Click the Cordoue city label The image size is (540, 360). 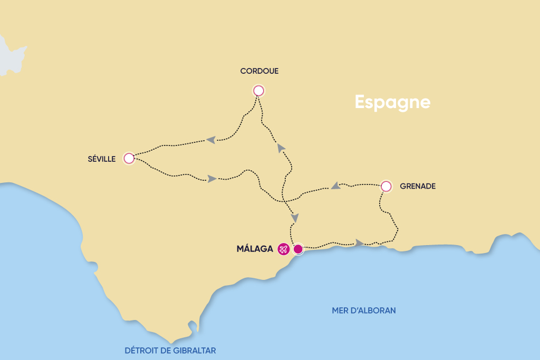point(259,71)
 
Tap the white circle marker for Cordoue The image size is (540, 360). point(258,91)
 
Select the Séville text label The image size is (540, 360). point(102,159)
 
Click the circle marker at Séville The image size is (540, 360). point(129,158)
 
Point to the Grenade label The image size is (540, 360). point(418,186)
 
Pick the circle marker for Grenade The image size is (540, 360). point(386,186)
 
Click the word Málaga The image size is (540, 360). point(255,249)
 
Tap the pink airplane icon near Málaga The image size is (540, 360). point(284,249)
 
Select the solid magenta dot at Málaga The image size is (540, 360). point(298,249)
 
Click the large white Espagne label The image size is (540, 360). point(392,102)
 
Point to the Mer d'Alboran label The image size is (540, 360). point(364,310)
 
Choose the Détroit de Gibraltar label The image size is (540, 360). point(170,350)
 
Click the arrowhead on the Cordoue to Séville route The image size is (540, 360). point(211,140)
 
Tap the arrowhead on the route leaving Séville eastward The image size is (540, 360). point(211,179)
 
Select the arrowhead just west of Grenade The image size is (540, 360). point(334,186)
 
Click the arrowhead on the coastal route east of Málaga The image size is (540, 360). point(359,242)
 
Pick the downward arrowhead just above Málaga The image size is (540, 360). point(295,218)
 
